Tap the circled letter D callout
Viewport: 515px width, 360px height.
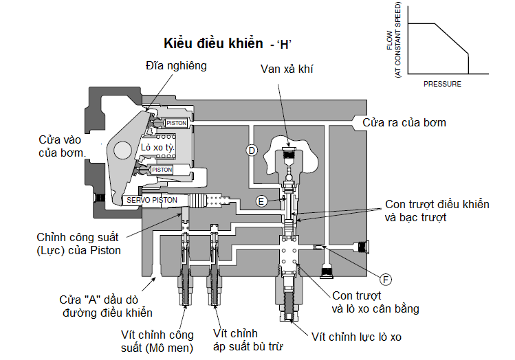[x=252, y=150]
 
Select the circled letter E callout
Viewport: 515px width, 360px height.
[x=261, y=201]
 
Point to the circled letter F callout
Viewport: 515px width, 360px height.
[x=386, y=278]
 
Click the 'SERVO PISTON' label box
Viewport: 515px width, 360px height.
[x=152, y=200]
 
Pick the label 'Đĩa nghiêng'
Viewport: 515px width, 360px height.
[x=176, y=66]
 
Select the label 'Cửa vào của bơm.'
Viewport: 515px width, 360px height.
[x=61, y=145]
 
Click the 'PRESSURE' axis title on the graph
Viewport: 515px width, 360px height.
[x=442, y=84]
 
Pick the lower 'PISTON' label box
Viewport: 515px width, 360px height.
[x=162, y=170]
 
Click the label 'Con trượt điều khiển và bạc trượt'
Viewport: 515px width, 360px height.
[x=437, y=211]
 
